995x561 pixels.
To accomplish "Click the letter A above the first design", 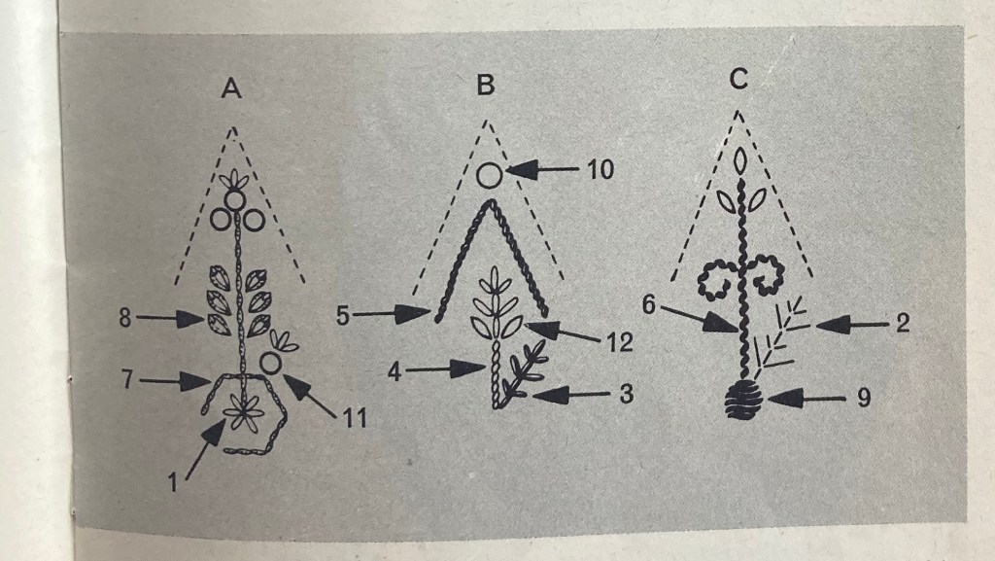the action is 231,88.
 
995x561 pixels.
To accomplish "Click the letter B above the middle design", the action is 486,84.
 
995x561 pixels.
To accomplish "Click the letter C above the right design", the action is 738,80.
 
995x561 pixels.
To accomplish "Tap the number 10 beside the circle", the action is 600,169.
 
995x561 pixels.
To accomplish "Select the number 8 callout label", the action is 125,317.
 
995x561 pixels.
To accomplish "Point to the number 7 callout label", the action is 128,379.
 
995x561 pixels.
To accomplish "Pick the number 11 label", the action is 355,418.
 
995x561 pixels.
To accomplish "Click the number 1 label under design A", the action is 172,483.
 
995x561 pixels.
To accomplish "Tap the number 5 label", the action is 343,315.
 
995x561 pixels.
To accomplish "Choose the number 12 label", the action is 620,342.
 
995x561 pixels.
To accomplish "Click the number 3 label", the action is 627,394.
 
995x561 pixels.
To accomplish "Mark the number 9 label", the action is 864,398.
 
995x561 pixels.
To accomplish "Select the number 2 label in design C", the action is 903,323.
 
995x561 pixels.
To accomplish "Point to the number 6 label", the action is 648,305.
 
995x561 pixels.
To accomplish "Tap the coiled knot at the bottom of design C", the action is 743,399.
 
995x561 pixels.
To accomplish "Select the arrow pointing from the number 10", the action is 542,170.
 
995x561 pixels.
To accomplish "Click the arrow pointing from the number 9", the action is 806,399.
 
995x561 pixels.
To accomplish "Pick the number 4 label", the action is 395,371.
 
